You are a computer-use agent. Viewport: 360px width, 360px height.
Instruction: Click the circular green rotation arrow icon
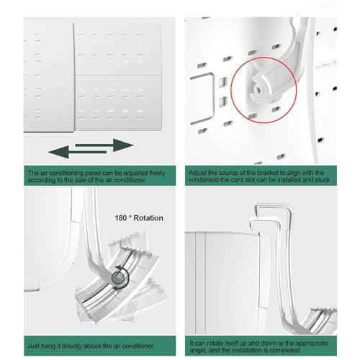pyautogui.click(x=117, y=276)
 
